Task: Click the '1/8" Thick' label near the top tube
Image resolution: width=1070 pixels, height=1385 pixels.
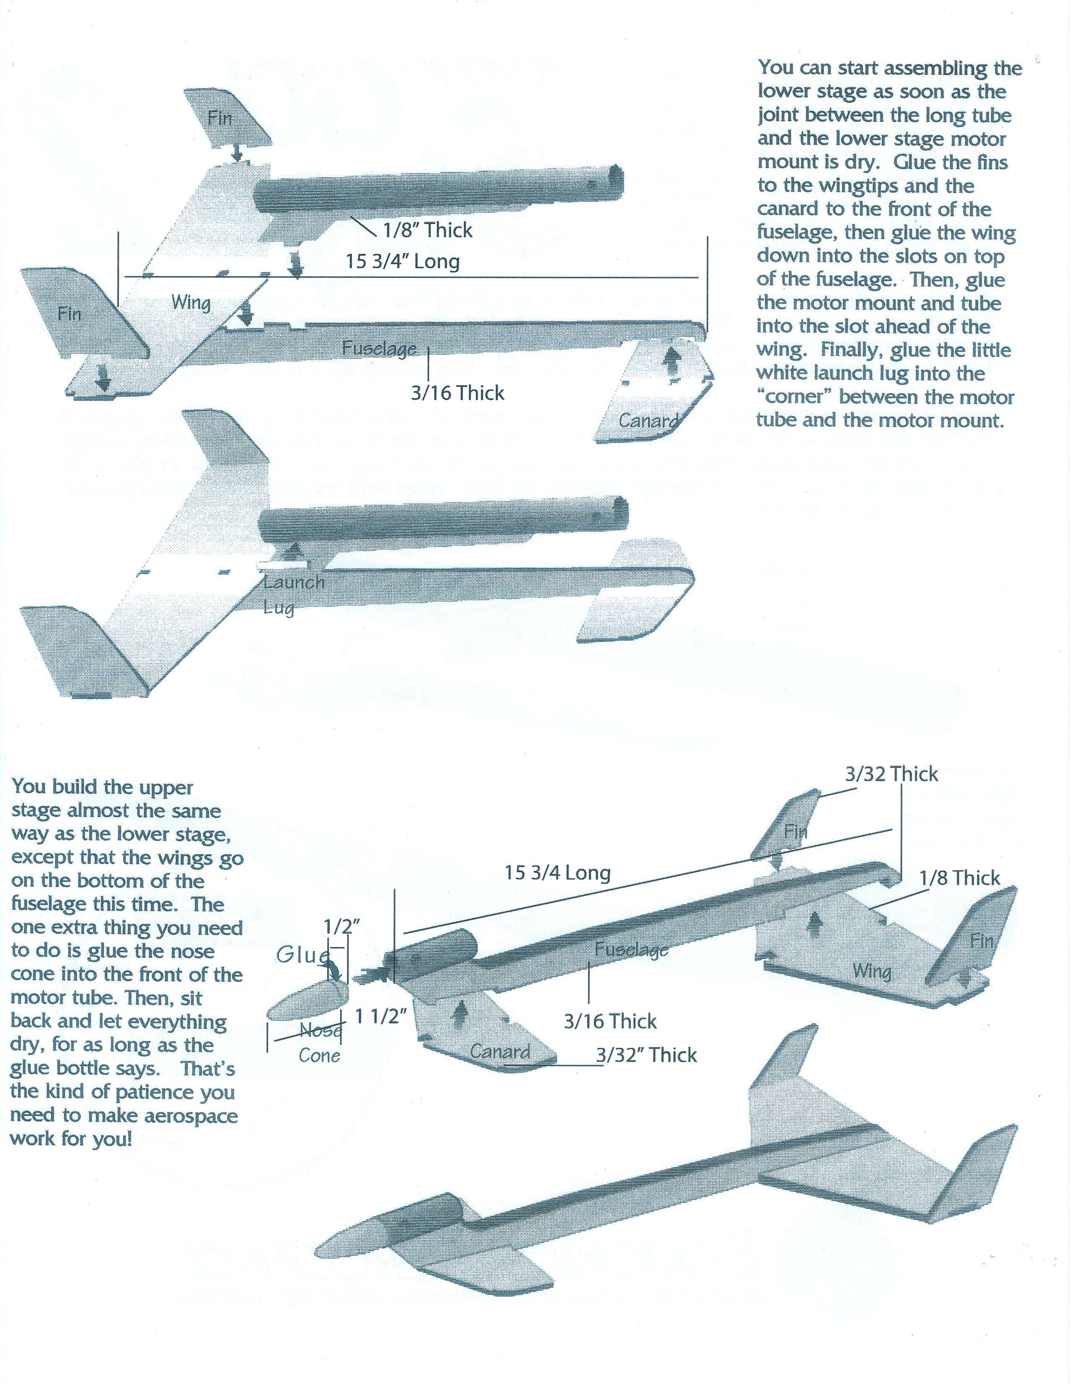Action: tap(427, 230)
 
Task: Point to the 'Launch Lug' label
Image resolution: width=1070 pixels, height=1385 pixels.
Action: tap(293, 595)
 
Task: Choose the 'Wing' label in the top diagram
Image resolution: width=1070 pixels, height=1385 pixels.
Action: tap(191, 303)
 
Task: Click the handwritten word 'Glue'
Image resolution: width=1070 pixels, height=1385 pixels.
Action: tap(303, 954)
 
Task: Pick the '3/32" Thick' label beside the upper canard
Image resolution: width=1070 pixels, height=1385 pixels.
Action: tap(646, 1055)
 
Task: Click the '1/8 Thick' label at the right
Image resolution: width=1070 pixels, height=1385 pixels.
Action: tap(959, 878)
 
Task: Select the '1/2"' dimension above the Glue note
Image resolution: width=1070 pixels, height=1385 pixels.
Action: tap(341, 927)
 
